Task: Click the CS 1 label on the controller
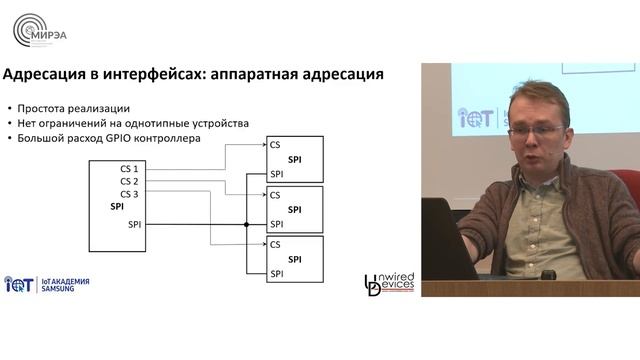[x=129, y=169]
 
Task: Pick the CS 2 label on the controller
[x=129, y=181]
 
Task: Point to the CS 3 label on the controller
[x=129, y=193]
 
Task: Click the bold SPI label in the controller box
[x=117, y=206]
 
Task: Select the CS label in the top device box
[x=275, y=145]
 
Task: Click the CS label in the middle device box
[x=275, y=195]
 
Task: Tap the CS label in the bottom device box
[x=275, y=244]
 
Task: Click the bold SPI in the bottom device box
[x=294, y=259]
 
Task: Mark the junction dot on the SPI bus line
[x=246, y=225]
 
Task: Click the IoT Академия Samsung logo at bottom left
[x=47, y=284]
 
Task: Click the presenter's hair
[x=535, y=98]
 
